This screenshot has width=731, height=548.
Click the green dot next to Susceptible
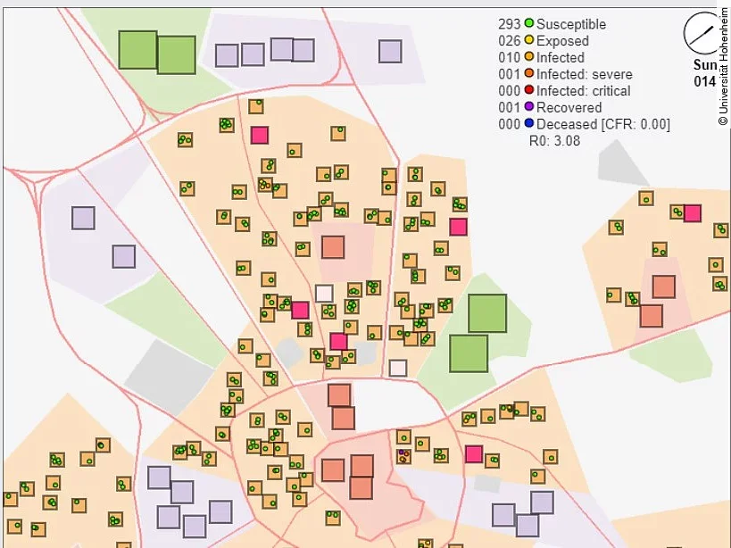pyautogui.click(x=529, y=24)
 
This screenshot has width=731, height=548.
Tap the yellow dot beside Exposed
pyautogui.click(x=529, y=41)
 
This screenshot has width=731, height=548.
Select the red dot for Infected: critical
pyautogui.click(x=529, y=91)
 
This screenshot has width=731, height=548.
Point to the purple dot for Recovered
pyautogui.click(x=529, y=108)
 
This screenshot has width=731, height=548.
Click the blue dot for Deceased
pyautogui.click(x=529, y=124)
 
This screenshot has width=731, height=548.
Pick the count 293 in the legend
pyautogui.click(x=510, y=24)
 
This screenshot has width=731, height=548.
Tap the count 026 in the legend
pyautogui.click(x=510, y=41)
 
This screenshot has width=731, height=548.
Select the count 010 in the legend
pyautogui.click(x=510, y=58)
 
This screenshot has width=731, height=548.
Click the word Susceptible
pyautogui.click(x=571, y=24)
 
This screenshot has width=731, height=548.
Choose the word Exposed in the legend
pyautogui.click(x=562, y=41)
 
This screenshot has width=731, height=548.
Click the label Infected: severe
pyautogui.click(x=585, y=74)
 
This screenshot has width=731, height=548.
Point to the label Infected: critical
pyautogui.click(x=584, y=91)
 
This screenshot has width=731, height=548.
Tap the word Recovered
pyautogui.click(x=569, y=108)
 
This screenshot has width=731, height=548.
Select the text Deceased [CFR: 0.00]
pyautogui.click(x=603, y=124)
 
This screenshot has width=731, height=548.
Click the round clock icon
pyautogui.click(x=701, y=34)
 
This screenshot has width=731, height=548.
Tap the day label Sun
pyautogui.click(x=704, y=65)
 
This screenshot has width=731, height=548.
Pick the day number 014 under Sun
pyautogui.click(x=704, y=81)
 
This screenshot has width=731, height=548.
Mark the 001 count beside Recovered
pyautogui.click(x=510, y=108)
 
